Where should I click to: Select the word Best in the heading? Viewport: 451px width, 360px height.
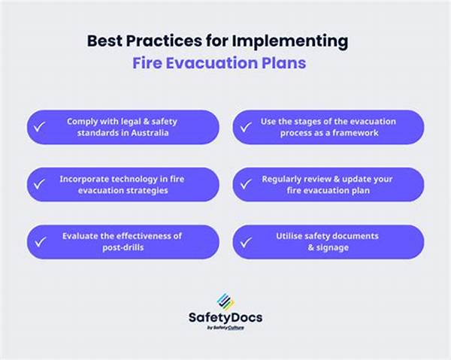(104, 41)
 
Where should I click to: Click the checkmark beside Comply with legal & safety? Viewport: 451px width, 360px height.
(39, 127)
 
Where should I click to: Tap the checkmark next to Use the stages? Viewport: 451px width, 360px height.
(246, 127)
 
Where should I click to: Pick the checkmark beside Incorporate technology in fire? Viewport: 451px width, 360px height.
(39, 184)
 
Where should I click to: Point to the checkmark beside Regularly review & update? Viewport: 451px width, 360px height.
(246, 184)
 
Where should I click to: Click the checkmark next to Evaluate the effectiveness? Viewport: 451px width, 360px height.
(41, 242)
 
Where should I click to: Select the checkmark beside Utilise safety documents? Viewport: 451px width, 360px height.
(246, 243)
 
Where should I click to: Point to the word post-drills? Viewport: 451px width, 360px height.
(123, 247)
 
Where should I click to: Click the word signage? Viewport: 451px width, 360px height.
(332, 247)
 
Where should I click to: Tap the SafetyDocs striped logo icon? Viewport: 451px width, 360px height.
(225, 301)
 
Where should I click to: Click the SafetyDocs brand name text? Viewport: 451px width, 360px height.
(225, 318)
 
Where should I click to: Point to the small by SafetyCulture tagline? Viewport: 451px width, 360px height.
(225, 328)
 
